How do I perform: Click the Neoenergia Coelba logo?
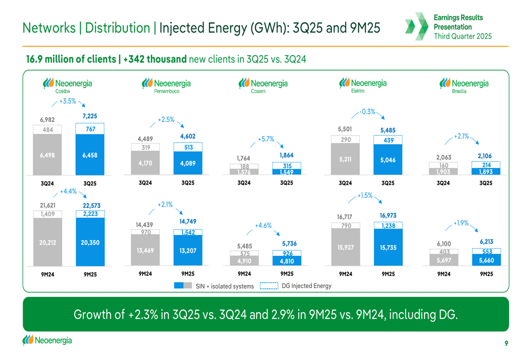[67, 85]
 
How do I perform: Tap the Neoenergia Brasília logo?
[464, 85]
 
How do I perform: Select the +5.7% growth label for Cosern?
[266, 139]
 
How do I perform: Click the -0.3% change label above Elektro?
[367, 111]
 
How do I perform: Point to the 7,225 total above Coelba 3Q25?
[90, 116]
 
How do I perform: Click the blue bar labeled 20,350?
[90, 242]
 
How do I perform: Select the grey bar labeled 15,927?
[346, 247]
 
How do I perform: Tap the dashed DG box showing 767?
[90, 129]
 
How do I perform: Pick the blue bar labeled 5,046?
[388, 160]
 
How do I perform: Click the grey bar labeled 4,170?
[145, 163]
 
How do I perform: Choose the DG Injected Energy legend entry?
[296, 285]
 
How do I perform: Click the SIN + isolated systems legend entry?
[214, 286]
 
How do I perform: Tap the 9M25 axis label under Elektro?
[388, 274]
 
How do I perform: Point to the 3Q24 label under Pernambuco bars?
[145, 183]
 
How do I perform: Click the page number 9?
[506, 343]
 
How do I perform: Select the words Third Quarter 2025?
[462, 36]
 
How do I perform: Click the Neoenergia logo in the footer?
[47, 340]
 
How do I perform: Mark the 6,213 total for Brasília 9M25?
[487, 242]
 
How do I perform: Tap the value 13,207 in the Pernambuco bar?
[188, 251]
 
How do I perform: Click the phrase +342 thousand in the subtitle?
[155, 59]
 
